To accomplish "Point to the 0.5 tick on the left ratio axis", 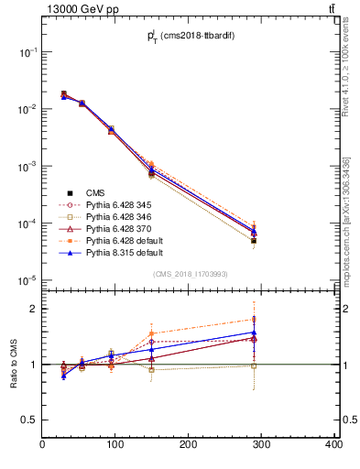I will point(30,420).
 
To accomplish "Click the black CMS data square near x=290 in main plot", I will point(266,241).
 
